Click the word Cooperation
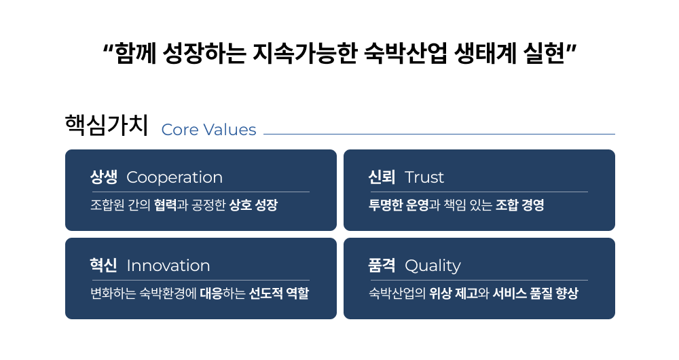coord(175,177)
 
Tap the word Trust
coord(424,177)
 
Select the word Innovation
coord(168,266)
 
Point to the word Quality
coord(433,266)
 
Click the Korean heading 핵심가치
coord(107,125)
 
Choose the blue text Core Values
coord(208,130)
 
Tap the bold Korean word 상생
coord(103,177)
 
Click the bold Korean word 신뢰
coord(382,177)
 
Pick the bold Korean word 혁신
coord(103,265)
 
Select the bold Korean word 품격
coord(382,265)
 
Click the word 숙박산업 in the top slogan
coord(405,53)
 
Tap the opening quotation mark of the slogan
coord(108,48)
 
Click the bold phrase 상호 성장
coord(253,205)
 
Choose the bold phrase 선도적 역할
coord(279,293)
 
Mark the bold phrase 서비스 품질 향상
coord(535,293)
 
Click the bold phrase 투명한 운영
coord(399,205)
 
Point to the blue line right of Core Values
coord(439,134)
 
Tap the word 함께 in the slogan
coord(136,53)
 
